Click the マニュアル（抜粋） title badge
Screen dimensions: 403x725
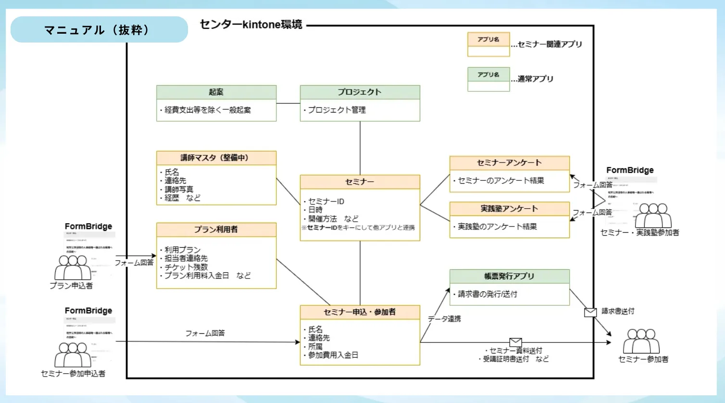tap(99, 30)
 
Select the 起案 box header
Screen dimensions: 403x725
tap(216, 92)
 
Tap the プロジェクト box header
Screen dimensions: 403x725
tap(360, 92)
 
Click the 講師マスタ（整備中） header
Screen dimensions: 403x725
tap(216, 158)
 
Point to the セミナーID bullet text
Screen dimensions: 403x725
tap(326, 201)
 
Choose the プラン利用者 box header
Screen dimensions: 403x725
tap(216, 229)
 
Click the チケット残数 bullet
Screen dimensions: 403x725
tap(186, 267)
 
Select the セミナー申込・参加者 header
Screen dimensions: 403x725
tap(360, 312)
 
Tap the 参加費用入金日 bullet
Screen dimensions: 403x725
tap(333, 355)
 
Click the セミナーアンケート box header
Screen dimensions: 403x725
tap(509, 163)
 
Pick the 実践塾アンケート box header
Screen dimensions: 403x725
tap(509, 209)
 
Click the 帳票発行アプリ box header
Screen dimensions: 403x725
tap(509, 276)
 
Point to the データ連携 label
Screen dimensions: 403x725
tap(444, 319)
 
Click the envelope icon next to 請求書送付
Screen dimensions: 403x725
tap(590, 313)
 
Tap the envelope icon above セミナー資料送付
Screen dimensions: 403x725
tap(515, 342)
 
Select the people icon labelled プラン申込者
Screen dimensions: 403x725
tap(73, 267)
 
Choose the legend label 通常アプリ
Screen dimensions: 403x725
tap(536, 79)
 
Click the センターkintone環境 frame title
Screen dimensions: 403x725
tap(251, 25)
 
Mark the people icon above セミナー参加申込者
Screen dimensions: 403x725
tap(73, 355)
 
